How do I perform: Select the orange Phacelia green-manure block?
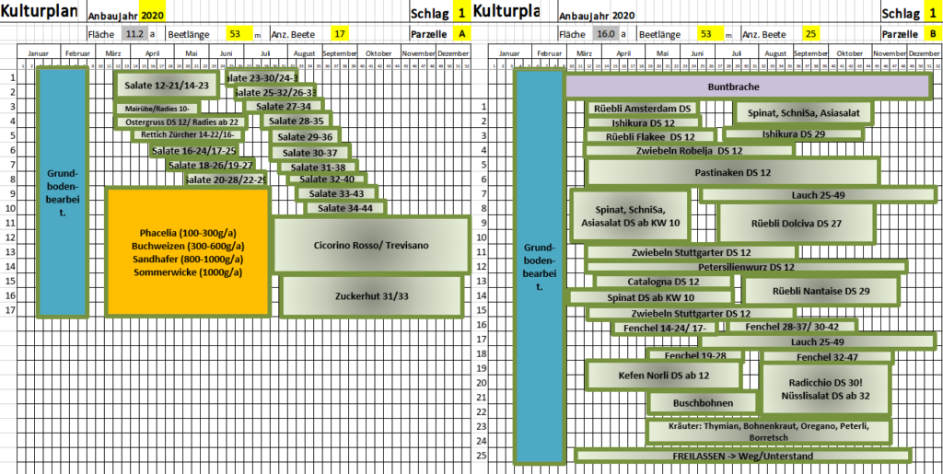click(188, 252)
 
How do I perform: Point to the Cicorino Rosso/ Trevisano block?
click(371, 245)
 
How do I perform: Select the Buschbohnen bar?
click(702, 402)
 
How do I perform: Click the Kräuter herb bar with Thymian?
click(770, 431)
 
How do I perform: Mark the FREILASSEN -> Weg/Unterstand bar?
click(742, 456)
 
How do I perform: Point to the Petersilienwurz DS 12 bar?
click(746, 267)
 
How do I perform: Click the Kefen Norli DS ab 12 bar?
click(663, 375)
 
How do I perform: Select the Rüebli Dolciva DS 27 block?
click(796, 224)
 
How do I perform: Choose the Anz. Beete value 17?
click(341, 34)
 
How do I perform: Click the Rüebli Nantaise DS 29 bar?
click(819, 291)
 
